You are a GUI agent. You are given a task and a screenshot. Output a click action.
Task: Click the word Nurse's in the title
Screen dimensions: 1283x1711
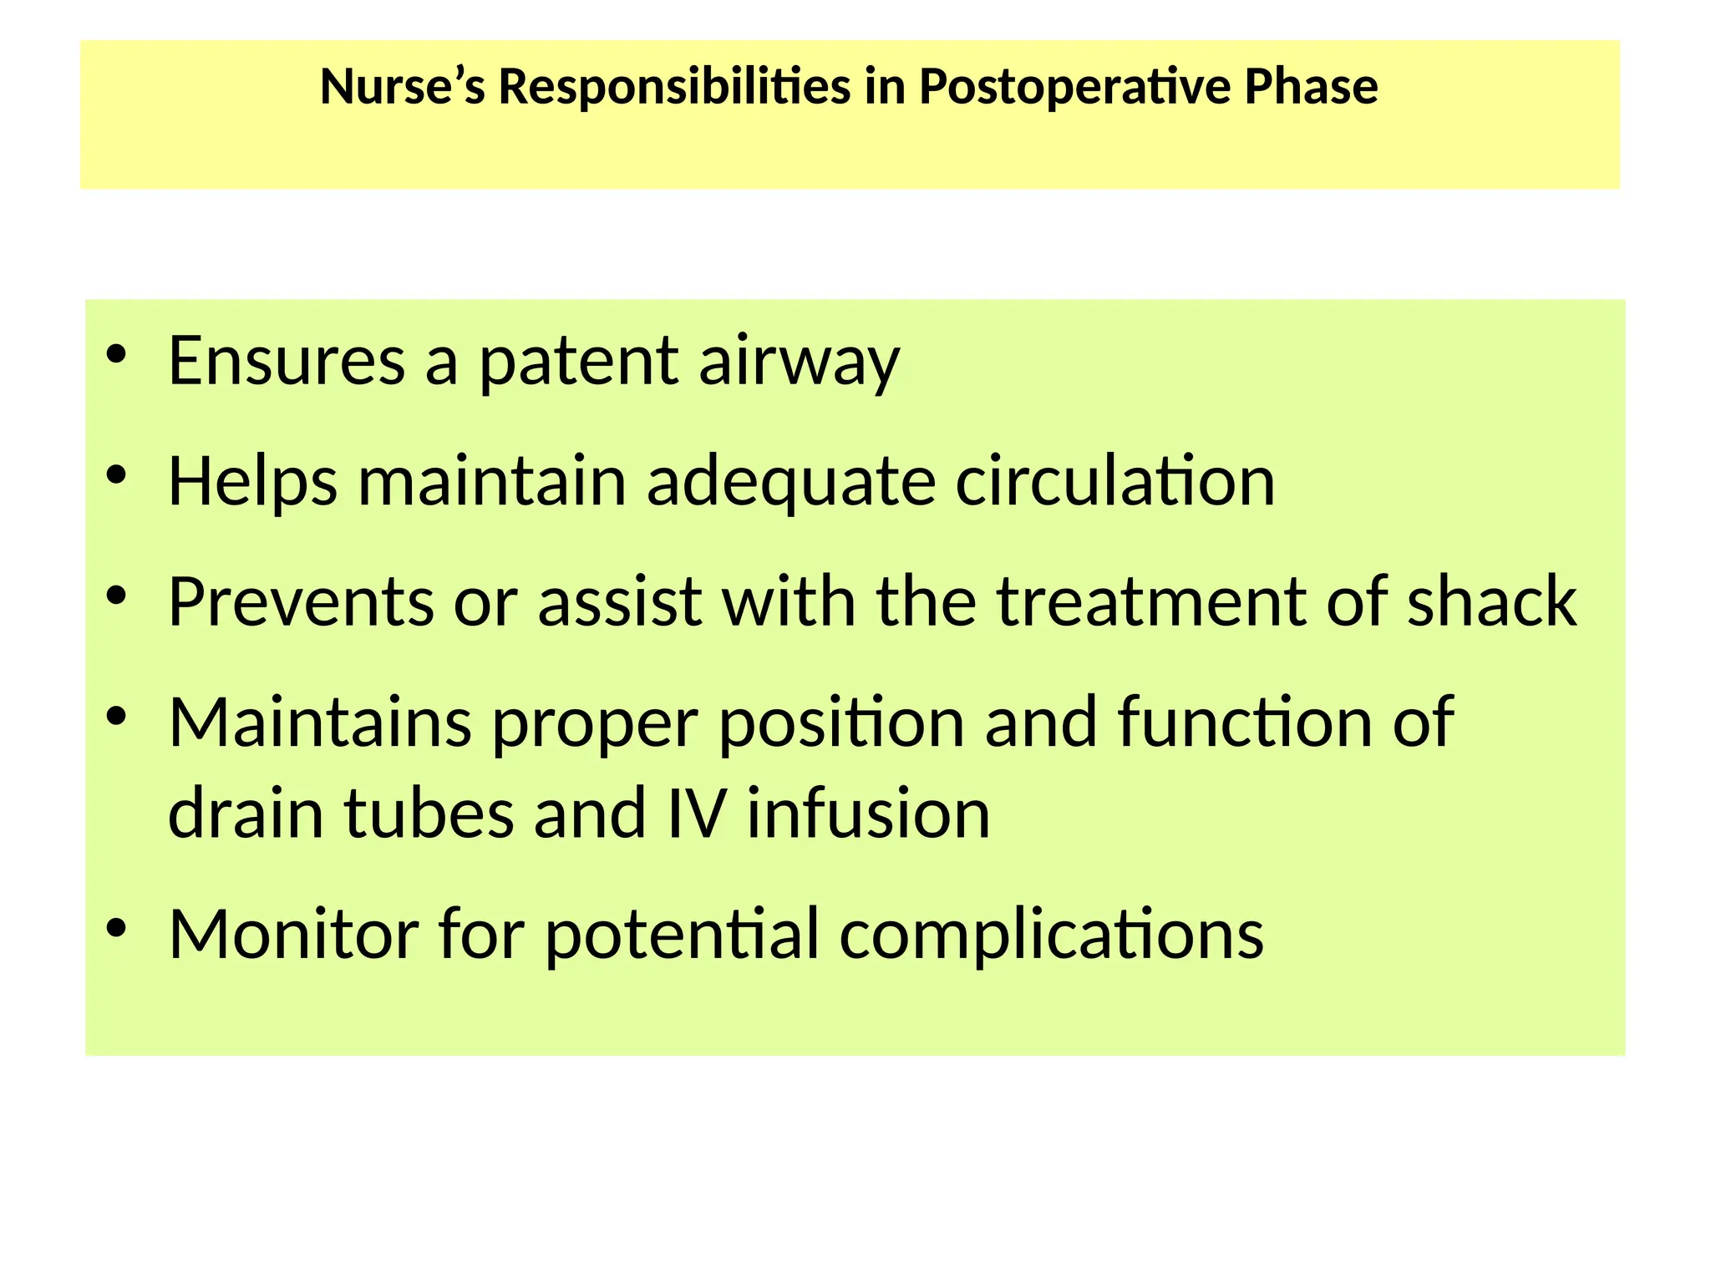tap(402, 86)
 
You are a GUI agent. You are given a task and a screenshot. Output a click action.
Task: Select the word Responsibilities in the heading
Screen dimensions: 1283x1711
tap(674, 86)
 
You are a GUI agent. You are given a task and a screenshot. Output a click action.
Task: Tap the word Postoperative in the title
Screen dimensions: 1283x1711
tap(1074, 86)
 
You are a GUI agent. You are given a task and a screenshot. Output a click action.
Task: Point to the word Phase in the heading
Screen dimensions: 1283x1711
tap(1311, 86)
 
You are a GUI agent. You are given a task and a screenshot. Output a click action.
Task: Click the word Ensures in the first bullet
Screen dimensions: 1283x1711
tap(287, 361)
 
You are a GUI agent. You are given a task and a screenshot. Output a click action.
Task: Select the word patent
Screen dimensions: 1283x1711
tap(578, 361)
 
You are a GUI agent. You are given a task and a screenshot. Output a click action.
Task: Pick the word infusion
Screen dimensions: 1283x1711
tap(868, 813)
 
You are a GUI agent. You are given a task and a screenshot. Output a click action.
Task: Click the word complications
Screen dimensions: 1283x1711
tap(1051, 934)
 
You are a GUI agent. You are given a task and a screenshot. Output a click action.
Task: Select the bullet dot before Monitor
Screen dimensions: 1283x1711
tap(117, 927)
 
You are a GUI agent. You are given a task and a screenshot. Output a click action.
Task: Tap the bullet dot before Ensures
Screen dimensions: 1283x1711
tap(117, 354)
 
